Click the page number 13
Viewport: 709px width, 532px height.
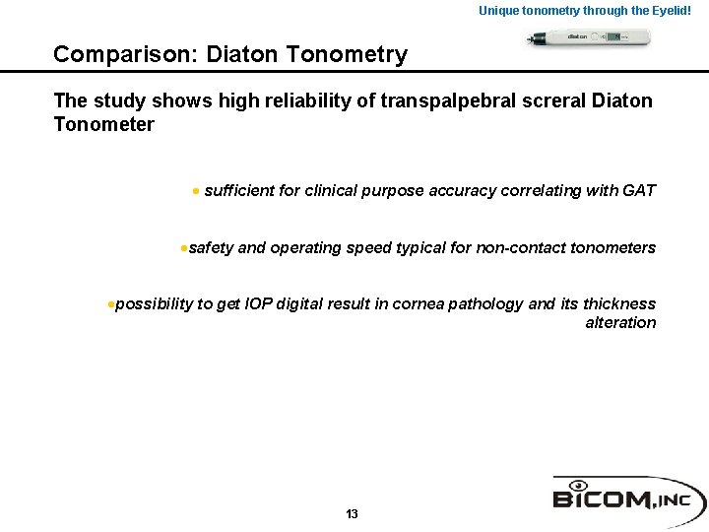tap(353, 514)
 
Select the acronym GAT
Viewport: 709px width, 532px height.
tap(639, 190)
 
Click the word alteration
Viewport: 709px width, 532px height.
tap(620, 323)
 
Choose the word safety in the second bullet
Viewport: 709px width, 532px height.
tap(211, 248)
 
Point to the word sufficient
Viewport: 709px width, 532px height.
tap(239, 190)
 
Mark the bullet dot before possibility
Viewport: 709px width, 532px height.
tap(110, 304)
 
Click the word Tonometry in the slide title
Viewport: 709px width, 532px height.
tap(350, 55)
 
